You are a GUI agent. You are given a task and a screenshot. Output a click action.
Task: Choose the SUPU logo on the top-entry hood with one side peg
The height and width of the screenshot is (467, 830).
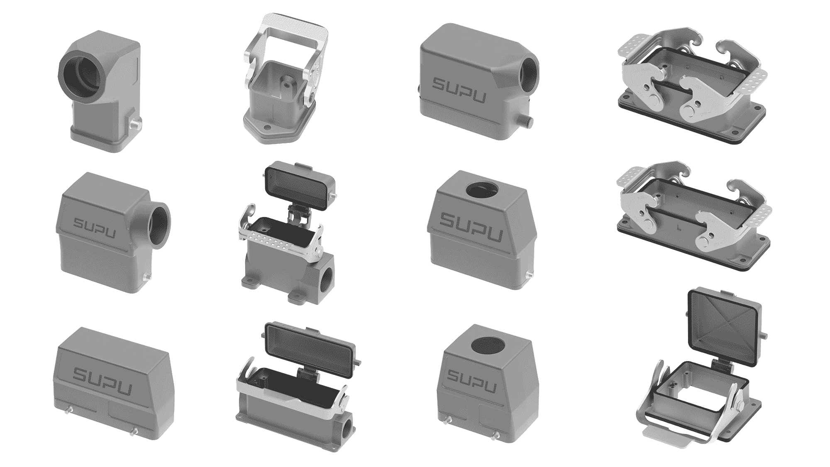(x=471, y=226)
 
